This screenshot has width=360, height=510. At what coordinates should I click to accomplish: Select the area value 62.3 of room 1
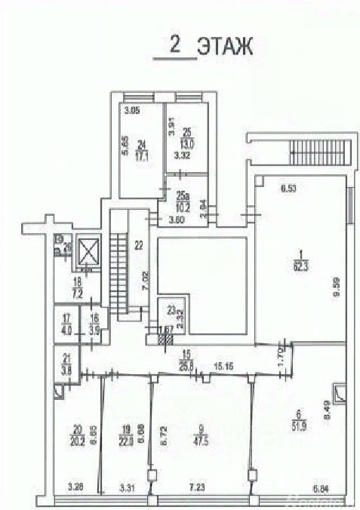[x=300, y=266]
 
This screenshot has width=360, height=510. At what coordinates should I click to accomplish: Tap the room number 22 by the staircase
[x=138, y=244]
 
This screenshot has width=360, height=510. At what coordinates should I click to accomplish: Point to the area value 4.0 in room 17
[x=66, y=329]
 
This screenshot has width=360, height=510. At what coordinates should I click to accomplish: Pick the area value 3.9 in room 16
[x=95, y=329]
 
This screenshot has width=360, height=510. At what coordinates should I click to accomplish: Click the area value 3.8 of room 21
[x=66, y=370]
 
